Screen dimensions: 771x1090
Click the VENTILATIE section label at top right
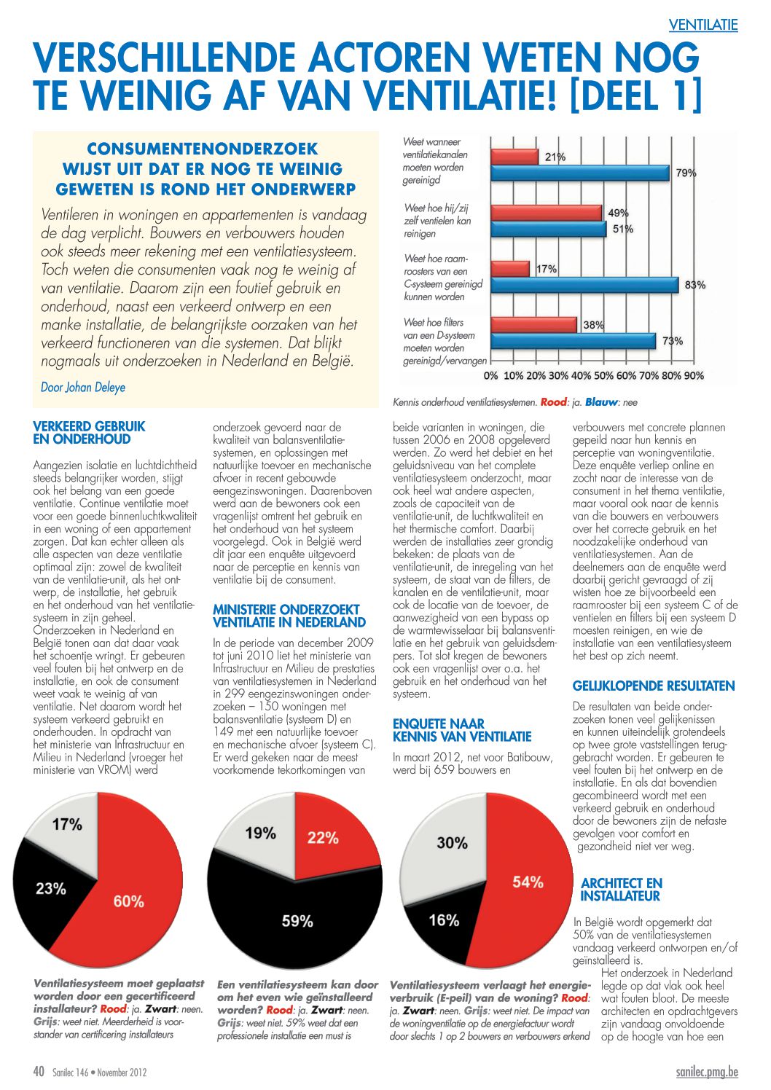tap(702, 24)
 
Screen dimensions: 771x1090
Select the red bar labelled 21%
tap(514, 157)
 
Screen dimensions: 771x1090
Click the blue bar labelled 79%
tap(580, 173)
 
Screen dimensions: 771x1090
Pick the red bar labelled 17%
tap(510, 269)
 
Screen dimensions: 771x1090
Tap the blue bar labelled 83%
tap(584, 285)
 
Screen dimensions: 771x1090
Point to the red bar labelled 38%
tap(534, 325)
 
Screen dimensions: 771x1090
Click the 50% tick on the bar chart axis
tap(603, 376)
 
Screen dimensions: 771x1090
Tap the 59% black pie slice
tap(295, 920)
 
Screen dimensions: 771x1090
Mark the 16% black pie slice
tap(444, 920)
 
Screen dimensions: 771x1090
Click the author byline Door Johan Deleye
tap(83, 388)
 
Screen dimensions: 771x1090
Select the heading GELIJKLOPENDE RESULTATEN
tap(654, 686)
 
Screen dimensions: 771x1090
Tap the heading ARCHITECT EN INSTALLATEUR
tap(622, 890)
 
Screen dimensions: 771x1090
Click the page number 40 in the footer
tap(39, 1072)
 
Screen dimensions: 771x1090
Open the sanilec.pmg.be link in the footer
tap(707, 1072)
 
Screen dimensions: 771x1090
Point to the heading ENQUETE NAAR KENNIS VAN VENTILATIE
tap(462, 730)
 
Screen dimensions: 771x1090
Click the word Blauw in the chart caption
tap(600, 402)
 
